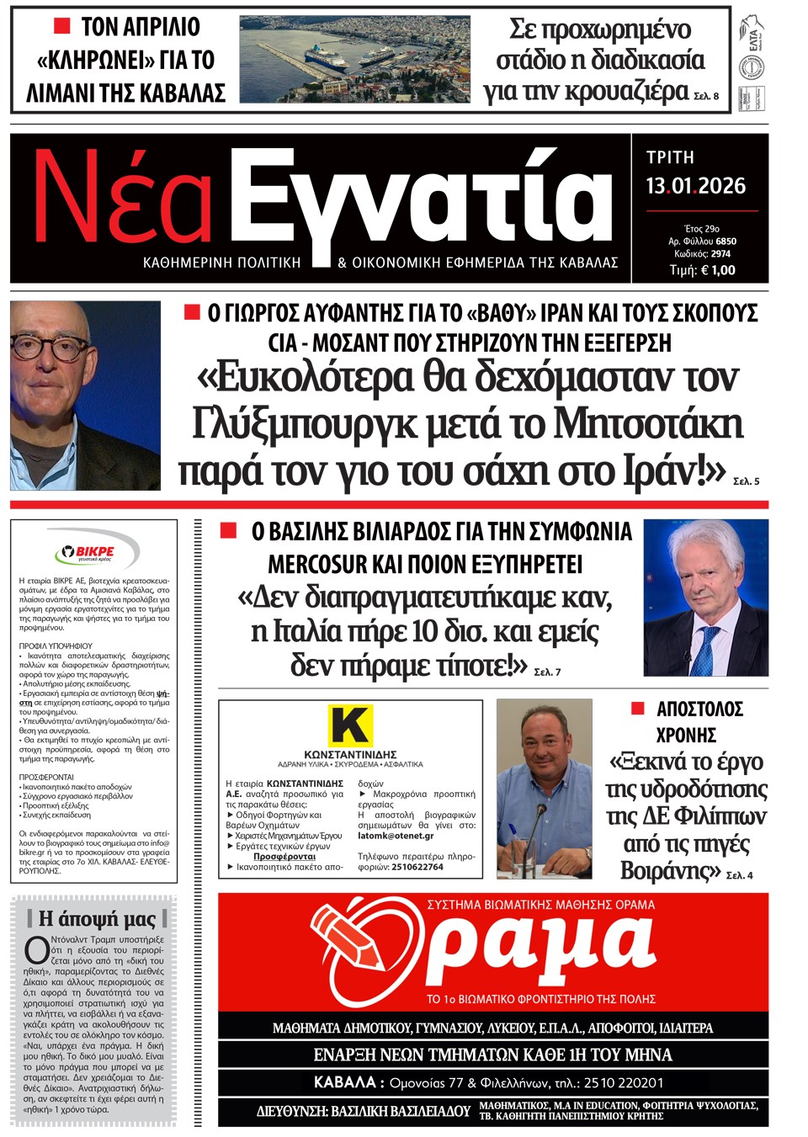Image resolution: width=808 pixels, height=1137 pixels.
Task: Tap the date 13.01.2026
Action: pyautogui.click(x=695, y=186)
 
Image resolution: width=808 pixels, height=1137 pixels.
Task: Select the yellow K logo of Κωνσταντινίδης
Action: pyautogui.click(x=349, y=725)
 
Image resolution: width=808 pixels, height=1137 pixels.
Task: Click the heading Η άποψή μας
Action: pyautogui.click(x=98, y=918)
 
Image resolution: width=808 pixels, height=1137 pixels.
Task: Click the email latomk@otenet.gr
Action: pyautogui.click(x=396, y=836)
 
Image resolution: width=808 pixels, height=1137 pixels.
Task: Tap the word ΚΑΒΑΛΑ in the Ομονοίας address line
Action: pyautogui.click(x=344, y=1082)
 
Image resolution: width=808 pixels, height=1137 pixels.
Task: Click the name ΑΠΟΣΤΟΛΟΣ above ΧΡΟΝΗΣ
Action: pyautogui.click(x=699, y=709)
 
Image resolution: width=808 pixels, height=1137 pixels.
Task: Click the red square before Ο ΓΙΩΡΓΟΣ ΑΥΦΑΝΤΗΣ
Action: pyautogui.click(x=192, y=313)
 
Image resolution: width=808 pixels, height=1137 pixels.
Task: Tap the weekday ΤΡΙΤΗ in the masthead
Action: pyautogui.click(x=670, y=157)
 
